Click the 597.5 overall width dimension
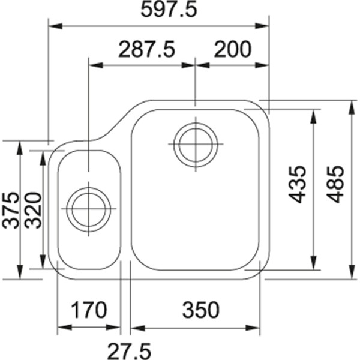coord(169,10)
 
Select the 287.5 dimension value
coord(147,49)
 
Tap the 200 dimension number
coord(233,49)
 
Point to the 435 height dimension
coord(297,184)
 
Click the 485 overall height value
coord(335,184)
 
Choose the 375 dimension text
coord(10,210)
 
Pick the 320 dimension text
coord(33,210)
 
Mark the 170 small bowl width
coord(89,310)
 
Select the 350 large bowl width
coord(201,310)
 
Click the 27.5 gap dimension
coord(129,351)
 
